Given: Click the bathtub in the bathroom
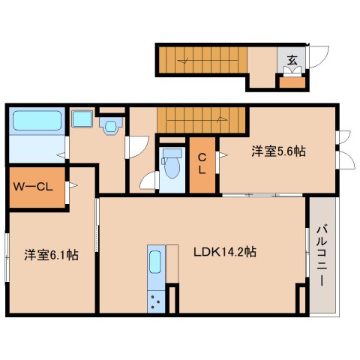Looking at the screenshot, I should coord(37,121).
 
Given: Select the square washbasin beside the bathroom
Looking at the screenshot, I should coord(81,120).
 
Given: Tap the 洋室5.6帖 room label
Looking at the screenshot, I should coord(277,151).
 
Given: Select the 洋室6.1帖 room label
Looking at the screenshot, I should coord(51,255).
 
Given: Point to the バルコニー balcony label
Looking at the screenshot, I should coord(319,255).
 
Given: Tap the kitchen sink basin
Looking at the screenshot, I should coord(155,262).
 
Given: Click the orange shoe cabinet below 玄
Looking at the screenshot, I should coord(292,80).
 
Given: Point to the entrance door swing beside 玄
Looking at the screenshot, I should coord(319,58).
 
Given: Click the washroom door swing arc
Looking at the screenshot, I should coord(133,146).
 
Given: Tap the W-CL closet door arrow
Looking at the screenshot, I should coord(73,186).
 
